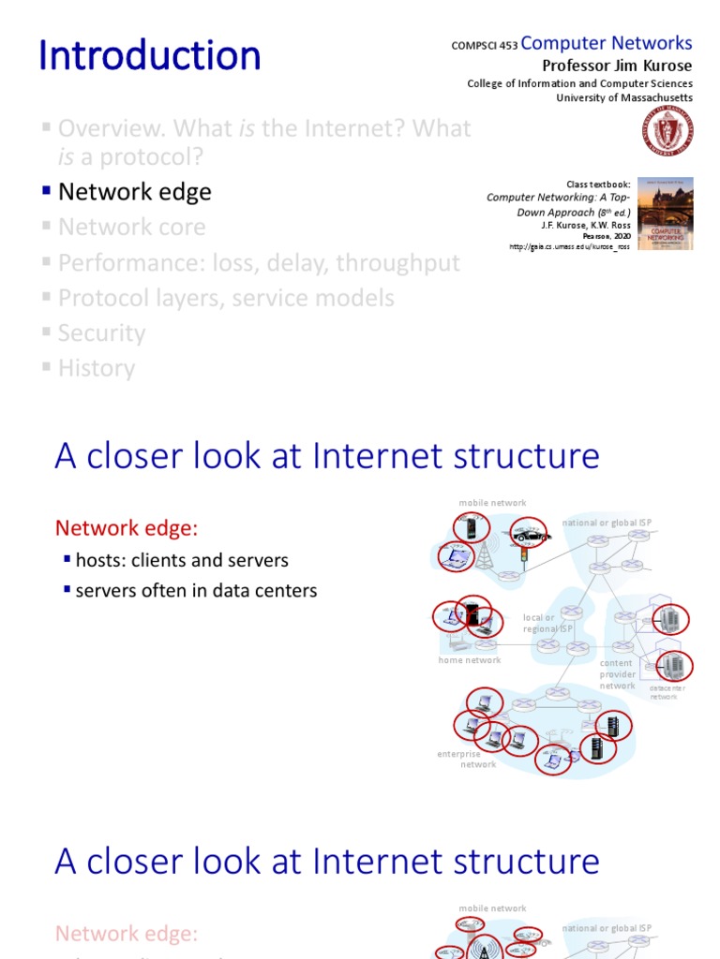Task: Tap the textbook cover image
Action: pos(666,214)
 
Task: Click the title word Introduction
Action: pos(150,56)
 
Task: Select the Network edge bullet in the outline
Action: pos(134,192)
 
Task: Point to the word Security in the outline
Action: pos(101,333)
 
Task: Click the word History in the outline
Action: pos(96,368)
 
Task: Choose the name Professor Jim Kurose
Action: pos(618,65)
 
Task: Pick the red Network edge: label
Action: pos(127,528)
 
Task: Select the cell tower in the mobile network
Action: pos(485,555)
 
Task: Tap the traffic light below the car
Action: pos(523,555)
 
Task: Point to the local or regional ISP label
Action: pos(547,624)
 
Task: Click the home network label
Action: pos(470,660)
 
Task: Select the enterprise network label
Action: pos(466,759)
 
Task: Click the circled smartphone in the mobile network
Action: pos(472,529)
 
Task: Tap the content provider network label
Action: pos(617,674)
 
